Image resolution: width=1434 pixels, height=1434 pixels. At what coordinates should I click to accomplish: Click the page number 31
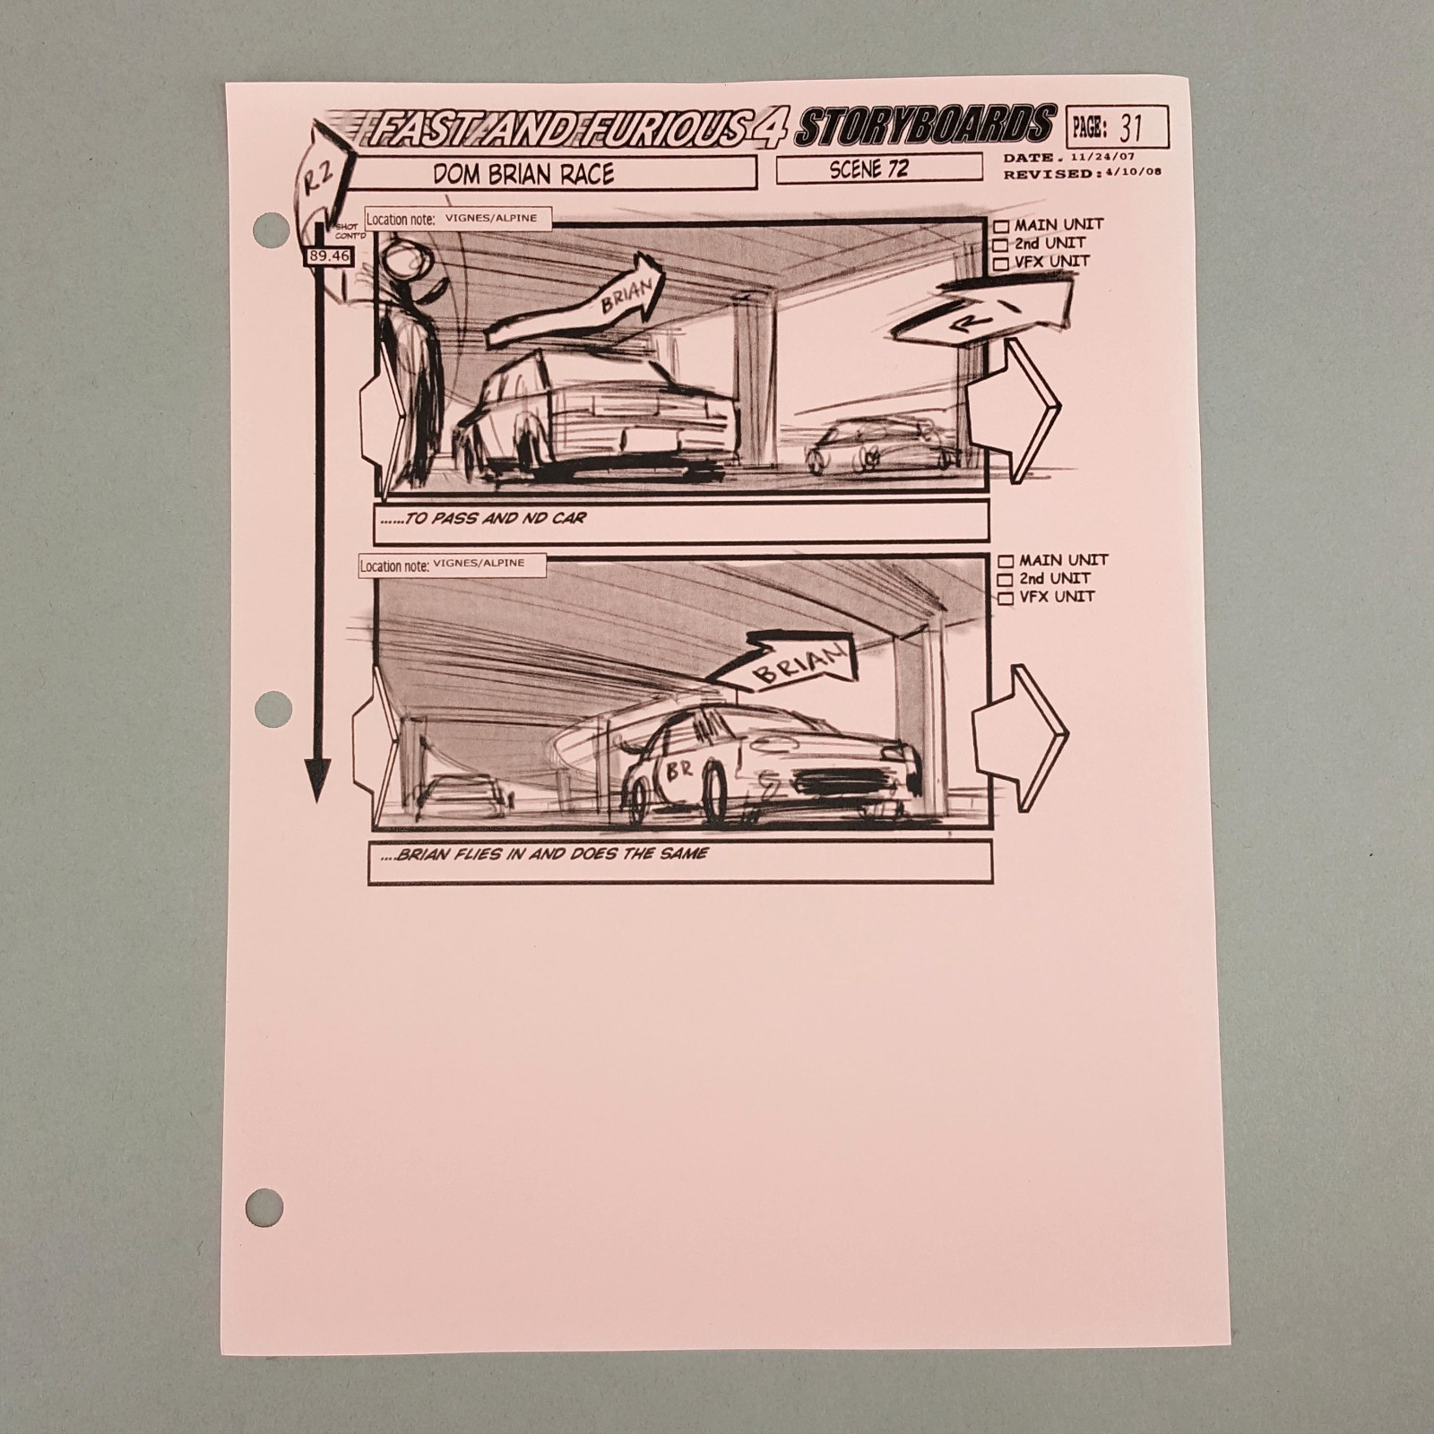pos(1131,128)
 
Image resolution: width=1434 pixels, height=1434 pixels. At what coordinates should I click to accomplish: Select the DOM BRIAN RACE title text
pos(523,174)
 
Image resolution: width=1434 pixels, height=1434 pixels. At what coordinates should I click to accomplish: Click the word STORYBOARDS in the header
pos(924,126)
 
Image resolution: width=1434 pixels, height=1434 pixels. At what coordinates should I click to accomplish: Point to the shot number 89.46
pos(329,256)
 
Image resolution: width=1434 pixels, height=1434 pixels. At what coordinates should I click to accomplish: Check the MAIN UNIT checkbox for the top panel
pos(1001,226)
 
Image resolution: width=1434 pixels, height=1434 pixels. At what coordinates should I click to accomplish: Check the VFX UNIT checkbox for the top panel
pos(1001,263)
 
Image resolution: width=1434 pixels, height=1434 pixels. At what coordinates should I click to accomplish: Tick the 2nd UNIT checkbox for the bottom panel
pos(1006,580)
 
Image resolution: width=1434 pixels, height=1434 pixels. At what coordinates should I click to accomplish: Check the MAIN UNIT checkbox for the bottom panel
pos(1006,561)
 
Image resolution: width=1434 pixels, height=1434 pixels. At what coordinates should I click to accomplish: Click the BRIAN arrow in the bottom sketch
pos(789,668)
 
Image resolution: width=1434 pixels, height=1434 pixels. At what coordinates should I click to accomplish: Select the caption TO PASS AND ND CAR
pos(496,519)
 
